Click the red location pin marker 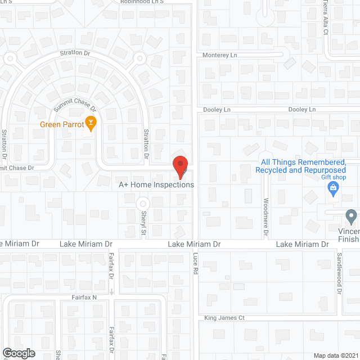[x=179, y=166]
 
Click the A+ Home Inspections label [x=156, y=184]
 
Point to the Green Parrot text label [x=58, y=124]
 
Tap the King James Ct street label [x=224, y=318]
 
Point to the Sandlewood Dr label [x=340, y=273]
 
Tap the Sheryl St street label [x=143, y=223]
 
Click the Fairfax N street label [x=84, y=297]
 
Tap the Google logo [x=18, y=353]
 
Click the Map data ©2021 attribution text [x=335, y=355]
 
